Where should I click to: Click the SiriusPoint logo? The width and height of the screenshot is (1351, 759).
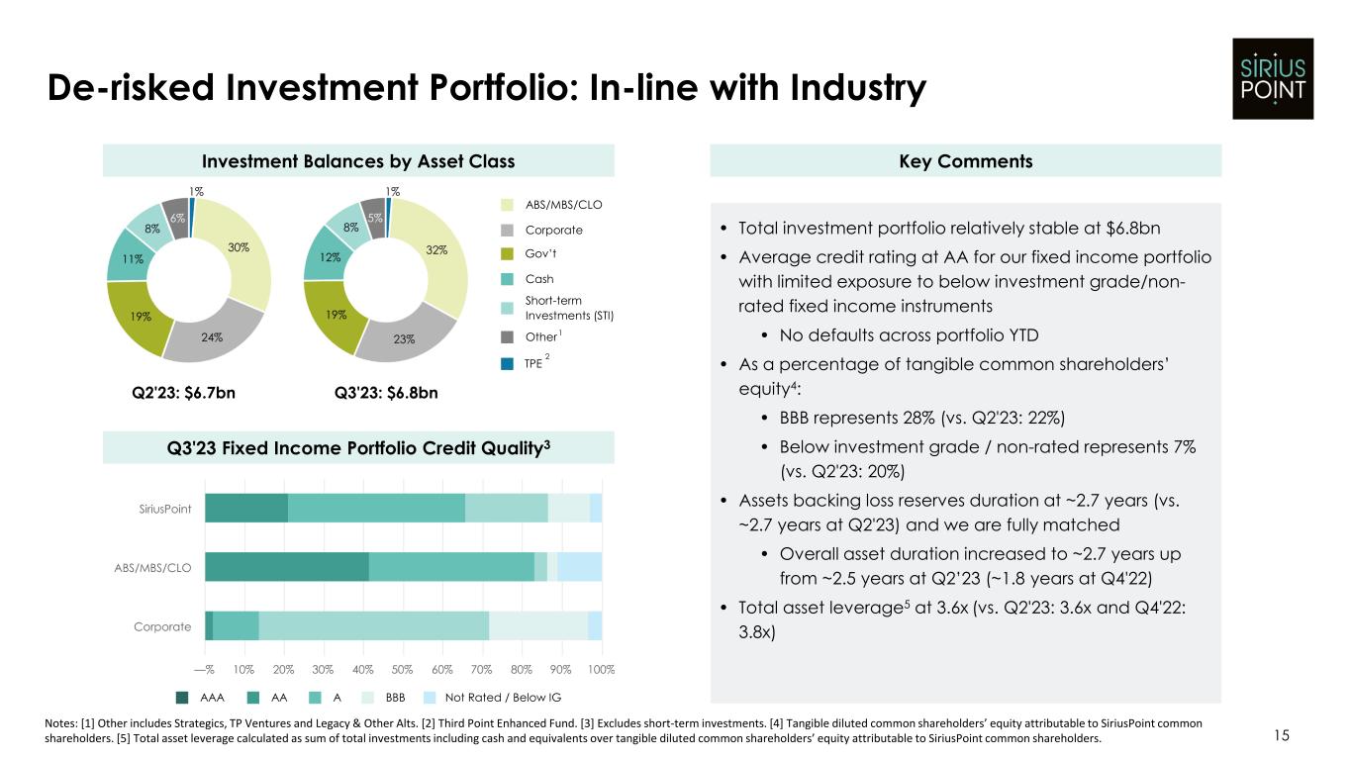[x=1272, y=78]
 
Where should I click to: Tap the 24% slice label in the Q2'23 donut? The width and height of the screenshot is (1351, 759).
[x=212, y=336]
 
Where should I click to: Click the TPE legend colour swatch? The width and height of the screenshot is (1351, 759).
[x=507, y=364]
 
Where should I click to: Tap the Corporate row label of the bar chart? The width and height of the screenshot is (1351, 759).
[x=162, y=626]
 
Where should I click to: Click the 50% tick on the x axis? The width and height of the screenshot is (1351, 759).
[x=403, y=670]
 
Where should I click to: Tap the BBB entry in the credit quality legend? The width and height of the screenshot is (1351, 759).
[x=395, y=697]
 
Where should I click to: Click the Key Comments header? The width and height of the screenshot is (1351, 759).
[x=966, y=161]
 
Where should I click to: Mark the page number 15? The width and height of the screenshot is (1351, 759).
[x=1282, y=735]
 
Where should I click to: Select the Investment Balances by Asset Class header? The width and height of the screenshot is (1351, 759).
[x=358, y=161]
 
